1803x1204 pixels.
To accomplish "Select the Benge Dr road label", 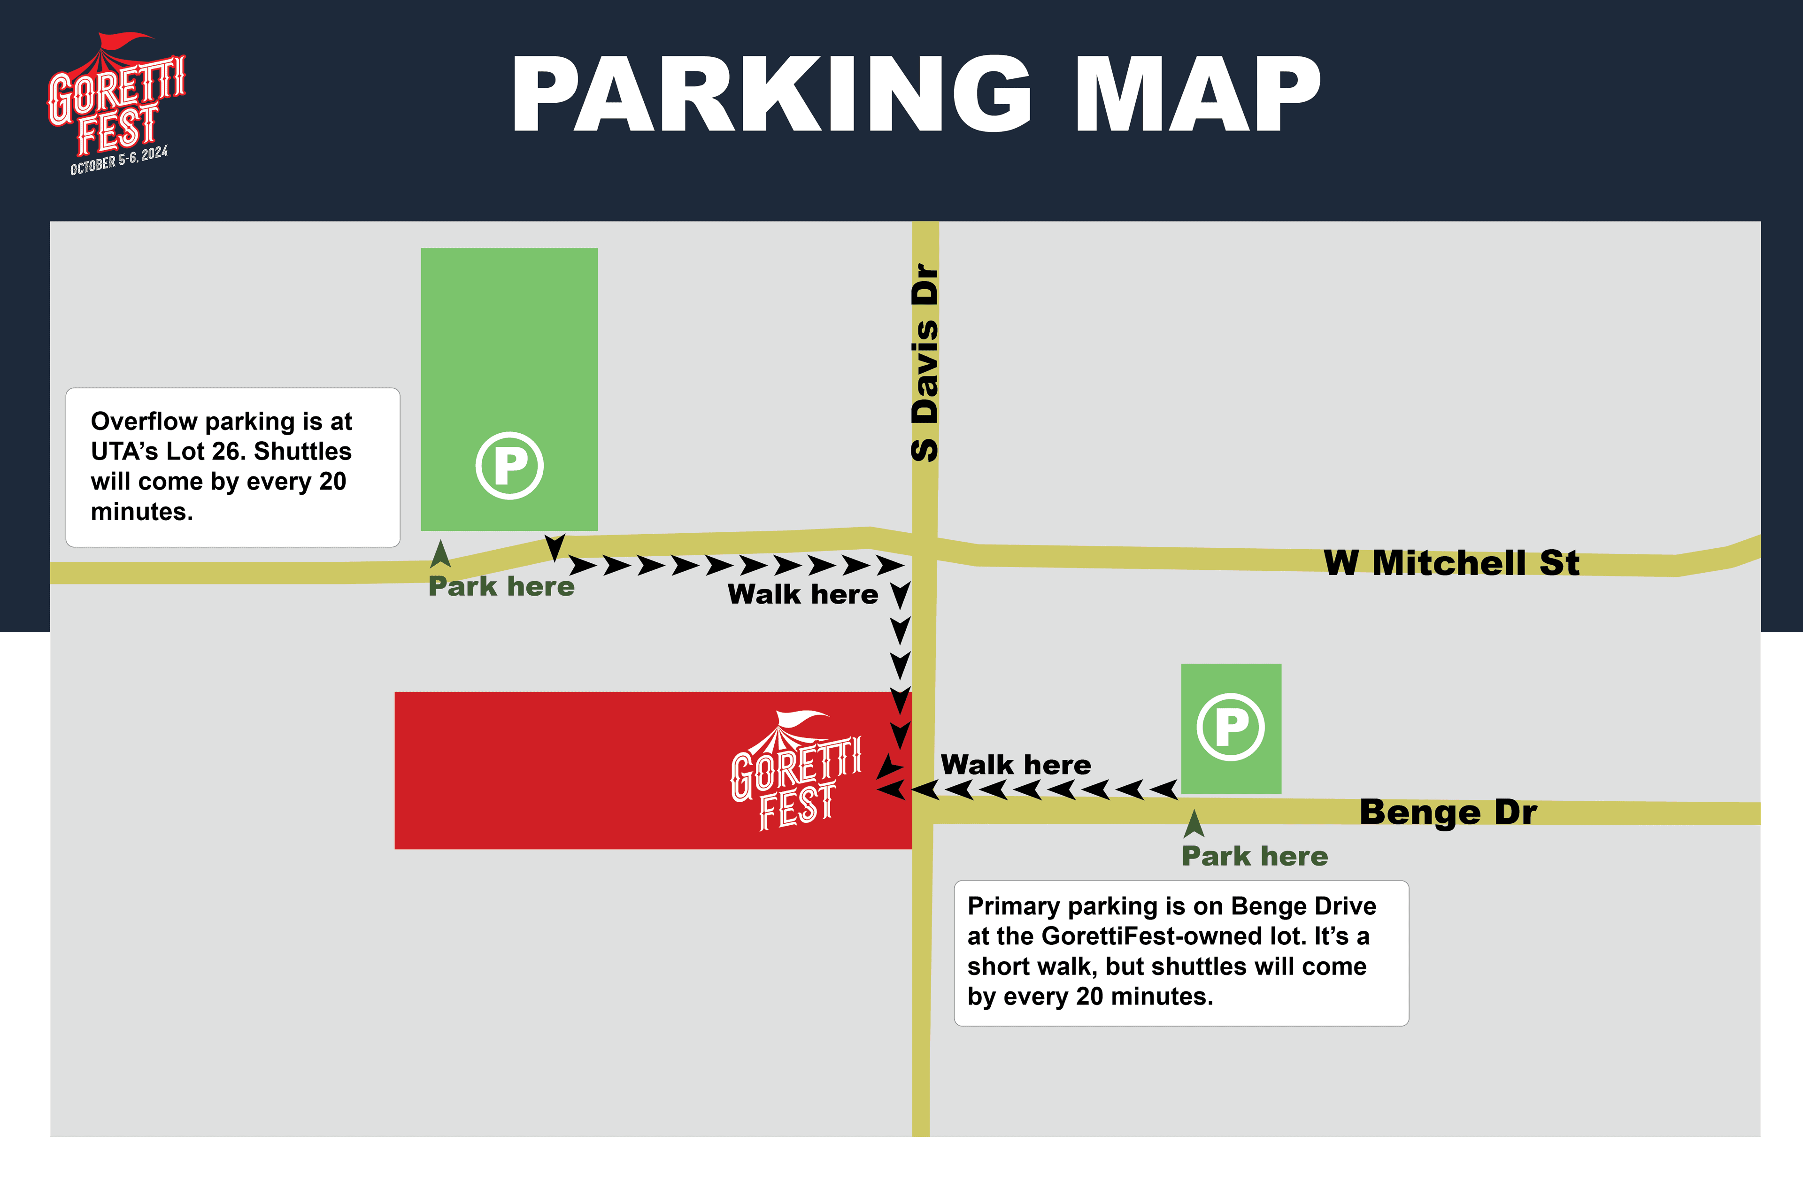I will tap(1448, 812).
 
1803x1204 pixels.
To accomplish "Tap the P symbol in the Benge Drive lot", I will tap(1230, 727).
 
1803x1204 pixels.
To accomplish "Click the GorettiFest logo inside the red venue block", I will tap(795, 772).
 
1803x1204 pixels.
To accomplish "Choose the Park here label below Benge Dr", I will tap(1254, 856).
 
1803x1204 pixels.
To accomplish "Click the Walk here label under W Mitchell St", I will tap(802, 594).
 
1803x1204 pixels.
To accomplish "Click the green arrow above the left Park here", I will tap(440, 554).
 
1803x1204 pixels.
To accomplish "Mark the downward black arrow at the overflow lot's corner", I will tap(555, 547).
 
